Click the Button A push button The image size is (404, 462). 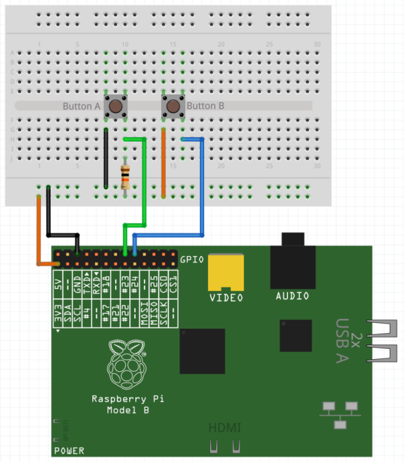(116, 106)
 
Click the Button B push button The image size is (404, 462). (173, 106)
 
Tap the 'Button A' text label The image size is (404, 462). (81, 106)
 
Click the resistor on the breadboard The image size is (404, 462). (125, 176)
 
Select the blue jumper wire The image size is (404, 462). (203, 188)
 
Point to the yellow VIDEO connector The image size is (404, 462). (226, 272)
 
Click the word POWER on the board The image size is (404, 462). (69, 451)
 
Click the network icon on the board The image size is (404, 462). (339, 413)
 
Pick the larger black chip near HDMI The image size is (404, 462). (202, 350)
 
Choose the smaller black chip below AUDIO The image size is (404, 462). (296, 336)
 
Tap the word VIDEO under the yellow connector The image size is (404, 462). (226, 297)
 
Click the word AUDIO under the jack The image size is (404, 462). (292, 296)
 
